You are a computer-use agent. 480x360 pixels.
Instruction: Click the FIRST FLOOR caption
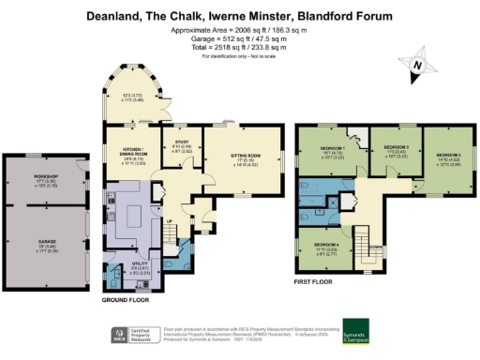click(x=314, y=280)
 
